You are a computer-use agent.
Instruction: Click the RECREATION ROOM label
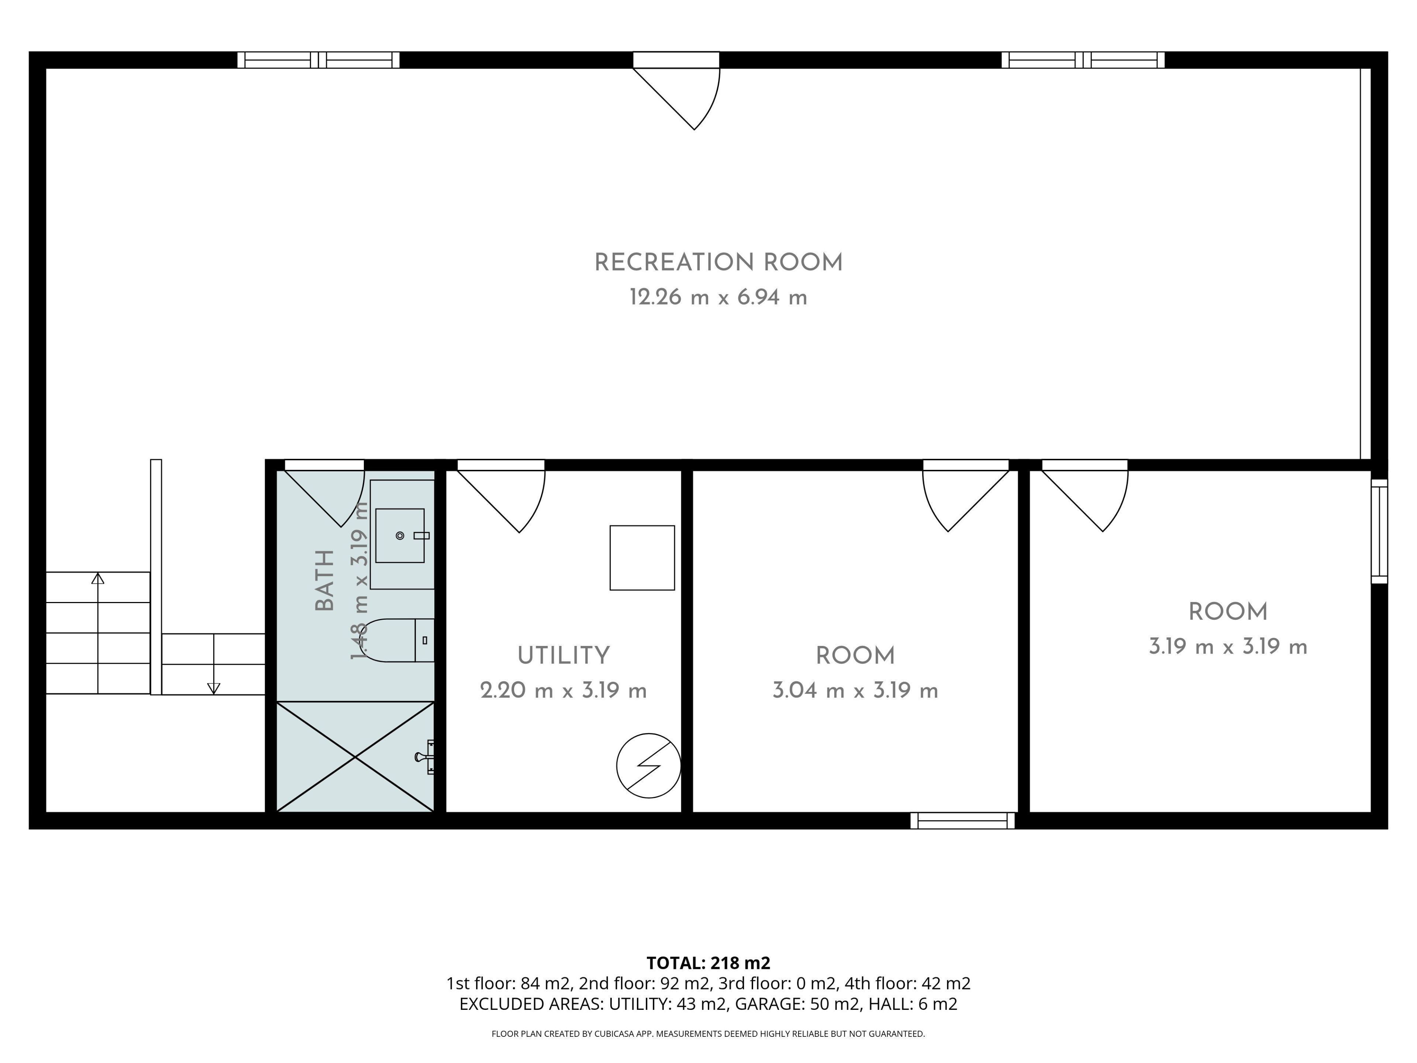click(x=718, y=263)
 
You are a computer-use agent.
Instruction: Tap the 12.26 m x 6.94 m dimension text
click(x=718, y=297)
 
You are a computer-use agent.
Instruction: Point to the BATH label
click(x=325, y=581)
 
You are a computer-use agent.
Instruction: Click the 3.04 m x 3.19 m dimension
click(x=855, y=690)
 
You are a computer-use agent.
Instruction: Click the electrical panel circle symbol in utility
click(x=648, y=766)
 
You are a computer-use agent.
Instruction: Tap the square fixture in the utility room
click(x=642, y=557)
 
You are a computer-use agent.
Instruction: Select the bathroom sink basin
click(x=400, y=536)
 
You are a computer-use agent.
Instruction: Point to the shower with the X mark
click(x=355, y=757)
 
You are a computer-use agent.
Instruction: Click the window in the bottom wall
click(x=962, y=821)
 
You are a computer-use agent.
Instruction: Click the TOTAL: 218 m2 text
click(x=708, y=963)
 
